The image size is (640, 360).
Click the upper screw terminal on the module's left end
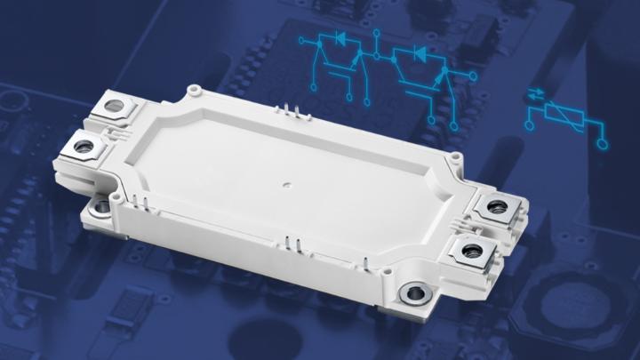(x=114, y=108)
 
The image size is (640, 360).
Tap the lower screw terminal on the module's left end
(x=84, y=146)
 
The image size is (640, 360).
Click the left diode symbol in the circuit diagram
(x=339, y=40)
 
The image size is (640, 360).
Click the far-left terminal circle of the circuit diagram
(x=302, y=41)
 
